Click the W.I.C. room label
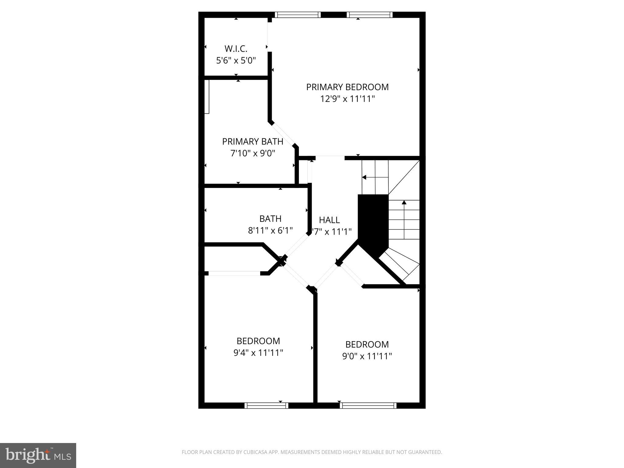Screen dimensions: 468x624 click(x=236, y=49)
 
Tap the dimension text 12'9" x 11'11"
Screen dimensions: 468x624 click(x=347, y=99)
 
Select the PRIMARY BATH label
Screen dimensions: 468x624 click(x=253, y=142)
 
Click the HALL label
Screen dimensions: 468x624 click(x=329, y=220)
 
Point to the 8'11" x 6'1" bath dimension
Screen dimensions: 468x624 click(x=270, y=231)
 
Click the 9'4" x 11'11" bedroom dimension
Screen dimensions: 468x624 click(x=258, y=353)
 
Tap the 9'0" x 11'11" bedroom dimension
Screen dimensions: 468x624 click(x=367, y=356)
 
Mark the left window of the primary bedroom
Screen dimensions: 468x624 click(x=298, y=15)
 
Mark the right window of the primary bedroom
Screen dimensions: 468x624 click(x=370, y=15)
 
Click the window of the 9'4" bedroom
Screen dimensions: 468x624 click(x=266, y=405)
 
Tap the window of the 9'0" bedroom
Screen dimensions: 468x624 click(x=368, y=405)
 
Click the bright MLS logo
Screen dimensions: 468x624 click(x=38, y=456)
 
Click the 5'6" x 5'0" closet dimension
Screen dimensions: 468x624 click(x=236, y=61)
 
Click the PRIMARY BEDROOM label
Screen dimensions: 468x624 click(x=347, y=87)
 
